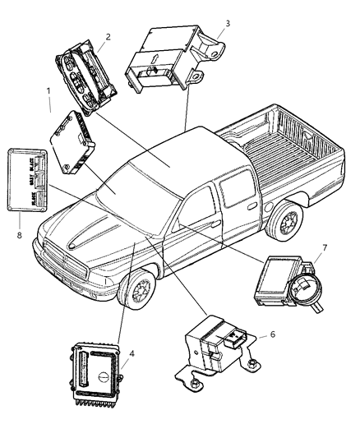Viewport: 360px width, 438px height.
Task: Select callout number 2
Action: click(x=108, y=36)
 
